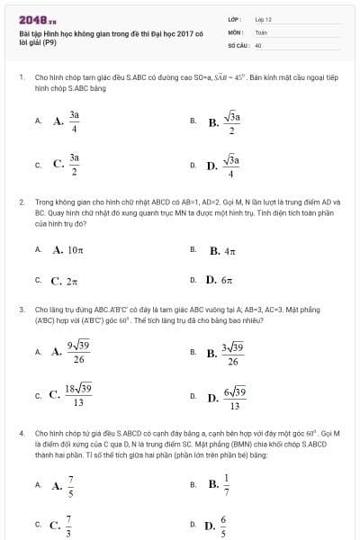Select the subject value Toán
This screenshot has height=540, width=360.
coord(261,31)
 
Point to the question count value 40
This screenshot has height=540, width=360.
coord(258,43)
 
